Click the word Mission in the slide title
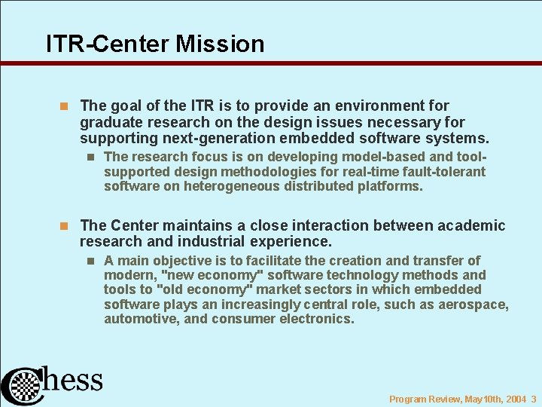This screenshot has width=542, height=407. (220, 44)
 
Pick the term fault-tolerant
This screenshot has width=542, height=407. (440, 172)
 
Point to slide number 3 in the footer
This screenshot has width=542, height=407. (533, 399)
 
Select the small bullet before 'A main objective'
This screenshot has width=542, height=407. (90, 261)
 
